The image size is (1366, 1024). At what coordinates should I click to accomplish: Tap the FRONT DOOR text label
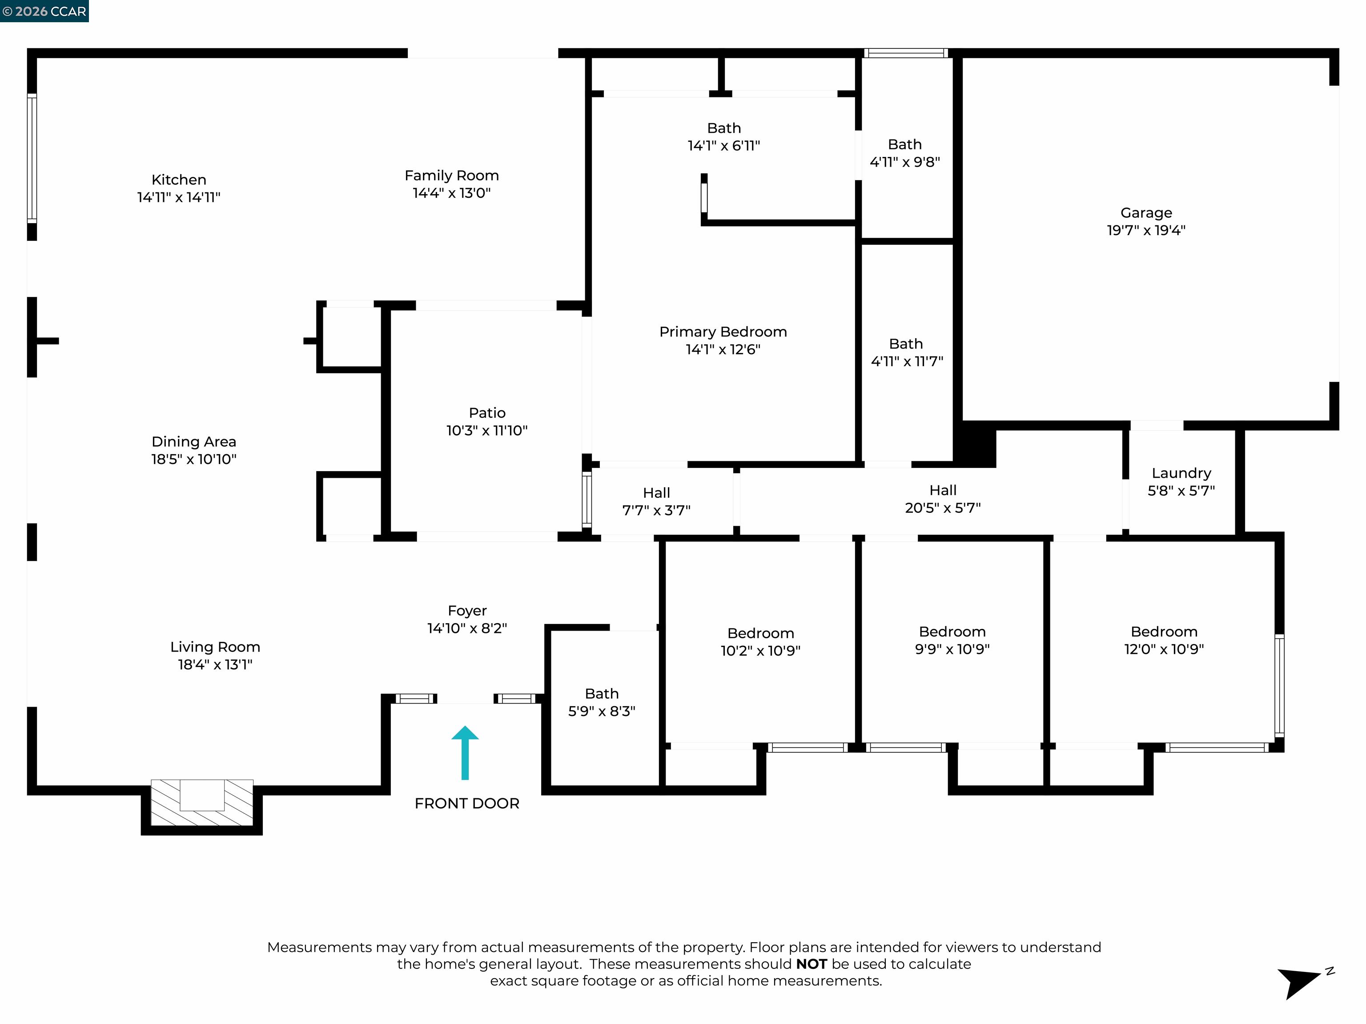tap(466, 803)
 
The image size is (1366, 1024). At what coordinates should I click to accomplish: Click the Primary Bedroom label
tap(723, 332)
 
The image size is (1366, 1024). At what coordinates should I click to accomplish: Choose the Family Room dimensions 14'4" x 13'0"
tap(451, 192)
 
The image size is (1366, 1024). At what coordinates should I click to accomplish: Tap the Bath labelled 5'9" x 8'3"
tap(602, 702)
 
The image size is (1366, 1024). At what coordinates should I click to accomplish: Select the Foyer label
tap(467, 611)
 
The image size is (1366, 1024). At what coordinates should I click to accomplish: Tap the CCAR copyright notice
tap(44, 11)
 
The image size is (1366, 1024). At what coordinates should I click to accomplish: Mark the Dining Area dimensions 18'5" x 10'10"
tap(194, 459)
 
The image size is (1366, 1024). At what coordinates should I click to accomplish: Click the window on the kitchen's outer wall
tap(32, 158)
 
